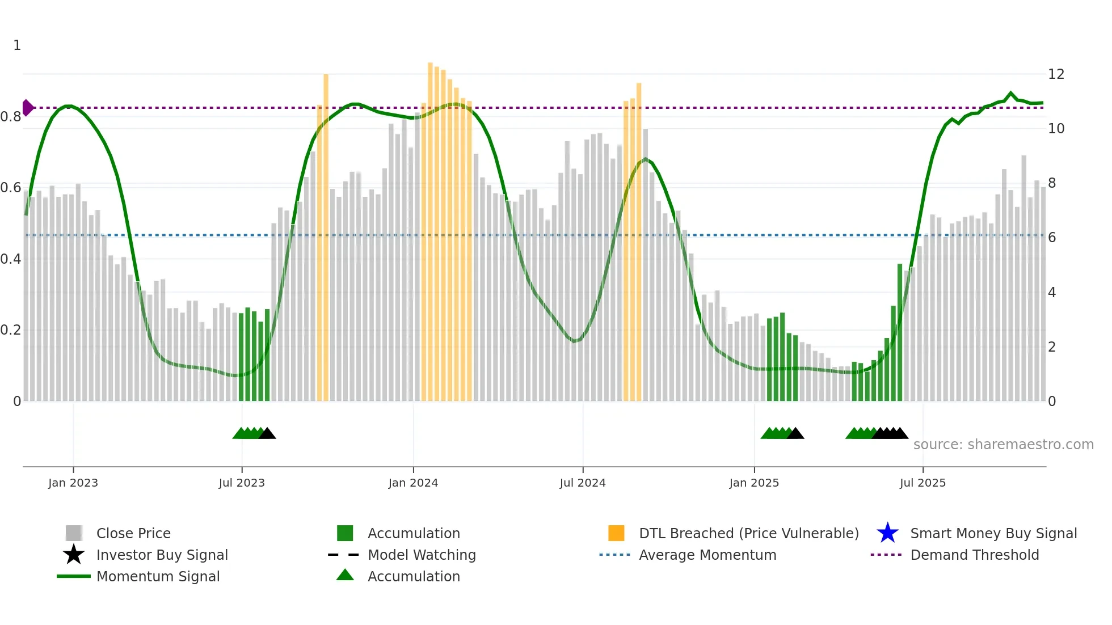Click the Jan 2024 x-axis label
tap(413, 483)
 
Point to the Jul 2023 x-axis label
tap(242, 483)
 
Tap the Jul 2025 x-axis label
tap(923, 483)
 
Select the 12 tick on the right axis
tap(1056, 74)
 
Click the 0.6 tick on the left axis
tap(11, 188)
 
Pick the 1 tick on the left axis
tap(17, 45)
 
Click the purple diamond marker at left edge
tap(27, 108)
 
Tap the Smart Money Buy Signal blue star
tap(887, 533)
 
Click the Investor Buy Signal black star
tap(74, 555)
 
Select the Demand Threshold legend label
tap(974, 555)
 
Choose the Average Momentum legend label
tap(707, 555)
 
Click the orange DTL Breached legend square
tap(616, 533)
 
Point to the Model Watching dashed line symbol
tap(344, 555)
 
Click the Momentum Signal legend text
tap(158, 576)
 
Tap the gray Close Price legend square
tap(74, 533)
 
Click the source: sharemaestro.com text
tap(1003, 445)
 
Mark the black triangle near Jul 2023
tap(267, 433)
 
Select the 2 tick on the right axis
tap(1052, 347)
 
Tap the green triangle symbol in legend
tap(345, 575)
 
